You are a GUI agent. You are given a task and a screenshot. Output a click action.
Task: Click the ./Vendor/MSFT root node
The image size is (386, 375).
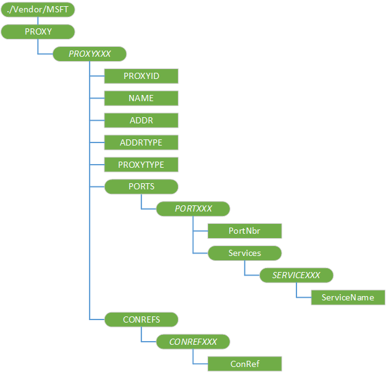[x=38, y=10]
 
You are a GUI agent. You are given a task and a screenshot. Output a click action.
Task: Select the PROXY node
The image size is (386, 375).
[x=38, y=31]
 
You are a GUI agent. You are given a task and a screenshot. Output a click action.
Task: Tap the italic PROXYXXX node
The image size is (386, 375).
[x=90, y=54]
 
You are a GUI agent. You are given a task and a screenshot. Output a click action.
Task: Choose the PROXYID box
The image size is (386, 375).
[x=141, y=76]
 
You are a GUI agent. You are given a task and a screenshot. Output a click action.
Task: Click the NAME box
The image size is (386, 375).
[x=141, y=98]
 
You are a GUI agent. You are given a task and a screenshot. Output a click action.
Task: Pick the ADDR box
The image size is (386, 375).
[x=141, y=120]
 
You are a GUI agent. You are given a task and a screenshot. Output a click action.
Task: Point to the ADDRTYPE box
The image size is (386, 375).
[x=141, y=142]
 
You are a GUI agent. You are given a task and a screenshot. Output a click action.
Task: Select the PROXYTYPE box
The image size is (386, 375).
[x=141, y=165]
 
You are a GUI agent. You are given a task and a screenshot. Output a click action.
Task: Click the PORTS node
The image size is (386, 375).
[x=141, y=186]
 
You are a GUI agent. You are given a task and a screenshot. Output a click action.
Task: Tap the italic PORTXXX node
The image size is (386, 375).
[x=193, y=208]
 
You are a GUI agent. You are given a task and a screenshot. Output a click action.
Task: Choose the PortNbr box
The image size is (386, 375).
[x=245, y=231]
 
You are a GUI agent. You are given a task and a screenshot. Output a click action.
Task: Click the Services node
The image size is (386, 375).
[x=245, y=253]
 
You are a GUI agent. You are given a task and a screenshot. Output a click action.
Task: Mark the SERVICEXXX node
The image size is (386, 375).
[x=297, y=275]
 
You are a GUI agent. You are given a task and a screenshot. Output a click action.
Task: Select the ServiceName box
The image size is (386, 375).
[x=348, y=297]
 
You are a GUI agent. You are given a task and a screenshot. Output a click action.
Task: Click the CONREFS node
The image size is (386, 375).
[x=141, y=319]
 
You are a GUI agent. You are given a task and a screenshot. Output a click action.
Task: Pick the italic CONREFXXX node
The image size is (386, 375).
[x=193, y=341]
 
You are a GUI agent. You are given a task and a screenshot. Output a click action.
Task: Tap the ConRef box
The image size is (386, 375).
[x=245, y=363]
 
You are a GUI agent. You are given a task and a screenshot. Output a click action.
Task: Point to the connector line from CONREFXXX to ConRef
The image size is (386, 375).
[x=194, y=357]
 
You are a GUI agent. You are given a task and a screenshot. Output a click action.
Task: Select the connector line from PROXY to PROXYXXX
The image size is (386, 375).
[x=38, y=47]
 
